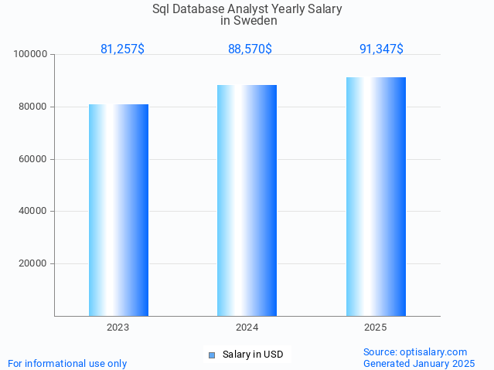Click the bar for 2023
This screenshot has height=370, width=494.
click(118, 210)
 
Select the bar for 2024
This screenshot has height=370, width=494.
click(247, 201)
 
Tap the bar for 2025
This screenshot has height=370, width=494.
click(376, 197)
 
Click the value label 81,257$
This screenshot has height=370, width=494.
click(122, 49)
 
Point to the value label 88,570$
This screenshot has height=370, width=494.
click(250, 49)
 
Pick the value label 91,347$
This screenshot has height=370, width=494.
click(381, 49)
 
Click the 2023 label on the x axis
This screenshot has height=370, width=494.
click(118, 328)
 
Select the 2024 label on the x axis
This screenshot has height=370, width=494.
click(247, 328)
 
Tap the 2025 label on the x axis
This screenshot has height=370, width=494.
click(376, 328)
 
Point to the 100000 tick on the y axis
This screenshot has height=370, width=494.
click(32, 54)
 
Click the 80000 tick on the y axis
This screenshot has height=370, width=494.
click(34, 107)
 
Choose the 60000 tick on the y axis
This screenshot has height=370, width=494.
click(34, 159)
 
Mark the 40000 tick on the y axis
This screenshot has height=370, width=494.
click(34, 211)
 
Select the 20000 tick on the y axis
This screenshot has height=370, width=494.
click(34, 263)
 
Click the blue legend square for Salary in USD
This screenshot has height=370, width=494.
click(211, 355)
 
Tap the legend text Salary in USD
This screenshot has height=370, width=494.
click(253, 355)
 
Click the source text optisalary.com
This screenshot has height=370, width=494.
click(437, 351)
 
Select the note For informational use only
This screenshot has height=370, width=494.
click(67, 363)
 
